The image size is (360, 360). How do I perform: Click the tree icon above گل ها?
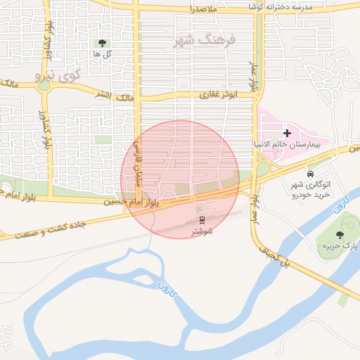click(103, 43)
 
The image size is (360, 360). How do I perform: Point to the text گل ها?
click(103, 53)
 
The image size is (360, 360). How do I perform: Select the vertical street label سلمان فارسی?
click(138, 163)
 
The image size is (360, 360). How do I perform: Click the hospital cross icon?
click(286, 132)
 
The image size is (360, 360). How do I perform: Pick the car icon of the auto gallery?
click(310, 172)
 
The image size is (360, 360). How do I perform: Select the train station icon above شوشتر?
click(202, 221)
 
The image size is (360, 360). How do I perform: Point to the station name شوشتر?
click(202, 231)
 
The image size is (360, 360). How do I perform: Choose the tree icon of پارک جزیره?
click(340, 235)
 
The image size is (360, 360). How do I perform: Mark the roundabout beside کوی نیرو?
click(45, 87)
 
